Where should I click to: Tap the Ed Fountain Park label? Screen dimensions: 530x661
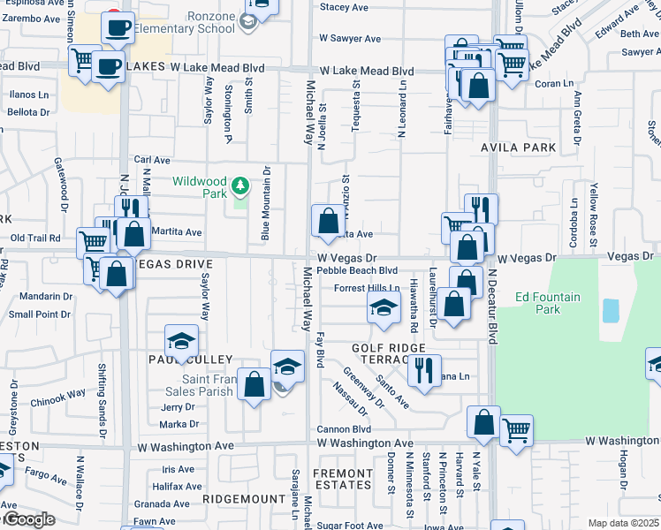point(548,303)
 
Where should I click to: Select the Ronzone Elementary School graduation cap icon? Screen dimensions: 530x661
point(250,20)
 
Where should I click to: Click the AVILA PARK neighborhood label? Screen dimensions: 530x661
point(519,148)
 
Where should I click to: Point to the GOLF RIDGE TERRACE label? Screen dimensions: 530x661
point(389,356)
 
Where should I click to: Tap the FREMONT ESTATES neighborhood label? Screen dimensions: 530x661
point(344,478)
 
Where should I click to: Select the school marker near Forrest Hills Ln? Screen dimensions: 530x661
point(384,308)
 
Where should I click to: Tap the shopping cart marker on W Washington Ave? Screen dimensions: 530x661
point(516,430)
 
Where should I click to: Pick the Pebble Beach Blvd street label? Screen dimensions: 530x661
point(357,271)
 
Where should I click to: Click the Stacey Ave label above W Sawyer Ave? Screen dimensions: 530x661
point(344,7)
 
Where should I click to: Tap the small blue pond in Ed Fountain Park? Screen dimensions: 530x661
point(610,310)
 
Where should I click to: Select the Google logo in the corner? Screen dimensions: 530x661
point(28,519)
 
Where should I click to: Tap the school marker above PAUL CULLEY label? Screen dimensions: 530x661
point(181,342)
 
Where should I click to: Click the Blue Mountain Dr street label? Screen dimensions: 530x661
point(265,203)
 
